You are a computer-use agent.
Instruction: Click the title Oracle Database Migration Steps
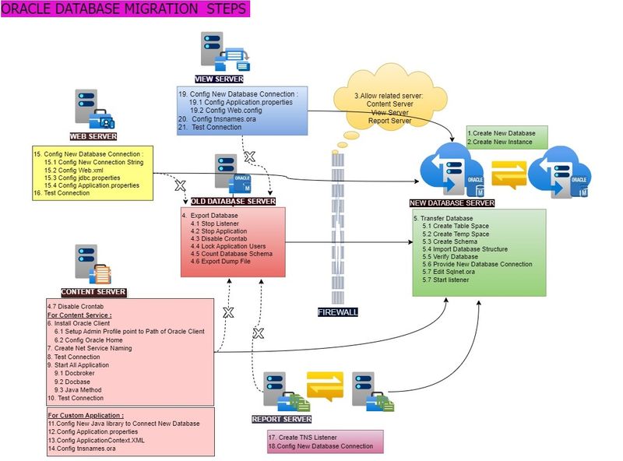click(x=125, y=9)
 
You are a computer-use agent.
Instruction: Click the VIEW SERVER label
click(x=219, y=79)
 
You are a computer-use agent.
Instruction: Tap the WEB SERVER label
click(x=93, y=136)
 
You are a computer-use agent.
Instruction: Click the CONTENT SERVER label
click(x=93, y=292)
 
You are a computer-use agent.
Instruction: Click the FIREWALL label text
click(x=340, y=311)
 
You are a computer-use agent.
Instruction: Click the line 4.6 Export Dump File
click(x=221, y=262)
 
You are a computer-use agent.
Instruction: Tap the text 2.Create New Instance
click(x=500, y=142)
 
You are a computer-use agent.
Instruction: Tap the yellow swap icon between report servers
click(x=325, y=386)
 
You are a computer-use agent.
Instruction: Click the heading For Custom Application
click(x=86, y=416)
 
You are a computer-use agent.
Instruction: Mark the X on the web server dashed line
click(x=180, y=186)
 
